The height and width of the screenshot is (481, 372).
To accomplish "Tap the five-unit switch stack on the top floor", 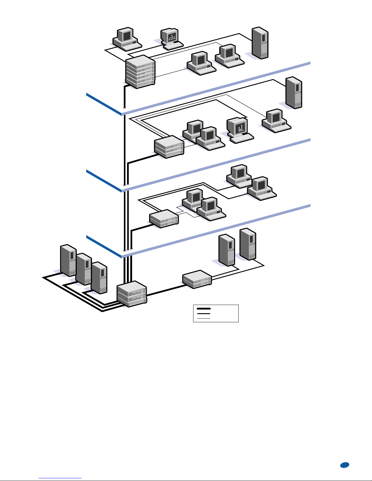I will (x=140, y=72).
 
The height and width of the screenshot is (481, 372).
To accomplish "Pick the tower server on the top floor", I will (x=260, y=43).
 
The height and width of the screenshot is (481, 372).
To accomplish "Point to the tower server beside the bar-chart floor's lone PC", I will (x=294, y=93).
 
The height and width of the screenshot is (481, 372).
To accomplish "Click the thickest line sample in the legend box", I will (x=204, y=309).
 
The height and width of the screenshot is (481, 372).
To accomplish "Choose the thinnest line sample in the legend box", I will (x=204, y=318).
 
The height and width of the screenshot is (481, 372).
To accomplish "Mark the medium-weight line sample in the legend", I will (x=204, y=313).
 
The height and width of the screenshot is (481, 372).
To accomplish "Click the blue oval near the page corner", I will (x=344, y=465).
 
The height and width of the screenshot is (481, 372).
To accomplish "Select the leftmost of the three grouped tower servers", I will (x=68, y=260).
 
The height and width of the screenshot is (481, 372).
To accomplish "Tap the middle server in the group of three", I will (x=84, y=269).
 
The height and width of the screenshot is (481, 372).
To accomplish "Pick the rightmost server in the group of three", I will (x=99, y=278).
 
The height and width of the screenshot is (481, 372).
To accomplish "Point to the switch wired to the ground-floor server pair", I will (x=197, y=279).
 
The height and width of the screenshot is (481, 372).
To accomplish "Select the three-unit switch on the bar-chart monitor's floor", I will (x=169, y=147).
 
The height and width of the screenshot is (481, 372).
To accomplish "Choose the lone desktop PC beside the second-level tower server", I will (x=276, y=120).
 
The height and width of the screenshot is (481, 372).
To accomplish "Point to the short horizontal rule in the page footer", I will (x=60, y=478).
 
